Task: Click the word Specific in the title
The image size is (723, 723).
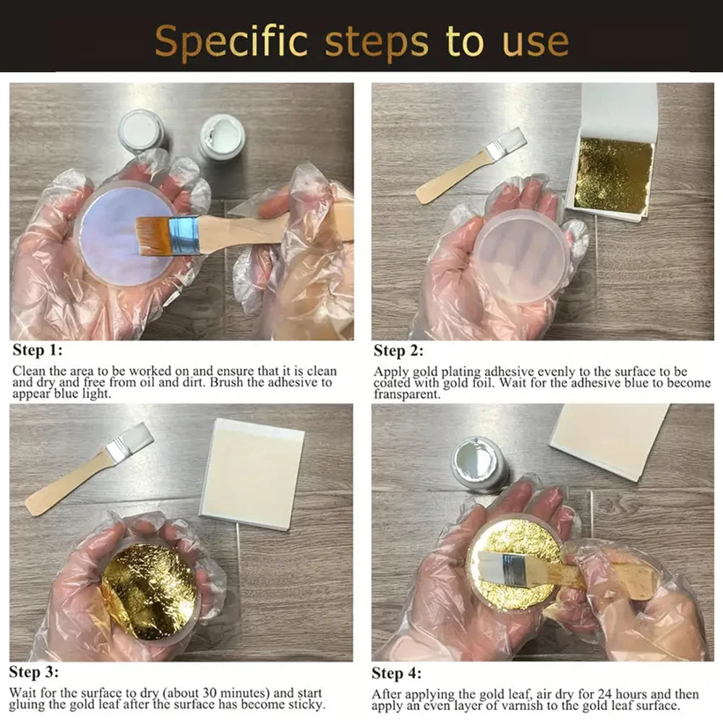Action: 231,42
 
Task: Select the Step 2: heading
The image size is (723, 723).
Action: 398,351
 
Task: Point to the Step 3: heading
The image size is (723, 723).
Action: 34,672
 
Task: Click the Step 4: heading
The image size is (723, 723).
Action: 396,673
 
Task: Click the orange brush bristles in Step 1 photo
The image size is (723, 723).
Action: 154,236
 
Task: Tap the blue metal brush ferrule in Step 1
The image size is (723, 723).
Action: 184,235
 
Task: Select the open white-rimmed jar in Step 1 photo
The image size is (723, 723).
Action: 221,137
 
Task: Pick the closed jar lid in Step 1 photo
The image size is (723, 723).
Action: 142,129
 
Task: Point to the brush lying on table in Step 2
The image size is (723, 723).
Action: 471,166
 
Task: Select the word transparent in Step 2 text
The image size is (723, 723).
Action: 407,394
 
